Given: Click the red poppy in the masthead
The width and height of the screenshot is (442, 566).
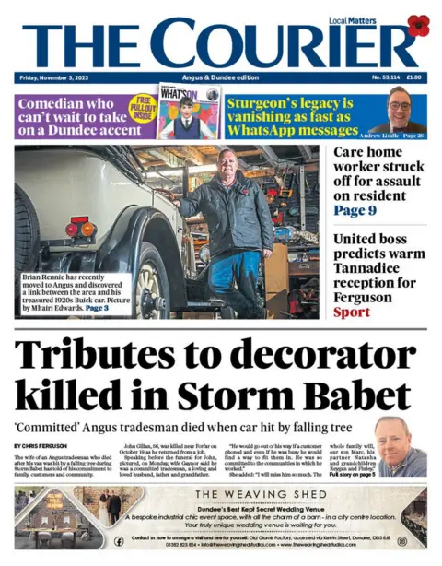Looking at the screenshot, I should (418, 26).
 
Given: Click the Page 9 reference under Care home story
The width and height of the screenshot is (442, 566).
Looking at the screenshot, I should (355, 210).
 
